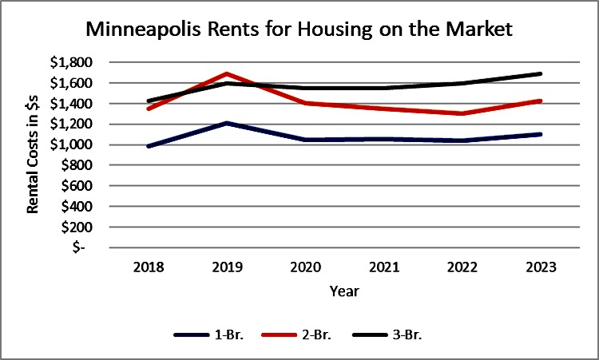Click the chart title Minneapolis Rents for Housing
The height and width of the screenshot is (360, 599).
point(299,31)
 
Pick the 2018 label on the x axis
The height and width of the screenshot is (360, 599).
point(149,266)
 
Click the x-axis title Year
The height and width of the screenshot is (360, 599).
point(344,291)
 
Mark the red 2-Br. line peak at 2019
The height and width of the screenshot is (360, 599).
point(228,73)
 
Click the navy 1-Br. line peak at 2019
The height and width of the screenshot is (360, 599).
point(228,123)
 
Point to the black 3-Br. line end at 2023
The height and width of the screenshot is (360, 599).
point(541,73)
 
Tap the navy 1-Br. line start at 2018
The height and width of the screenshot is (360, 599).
point(149,146)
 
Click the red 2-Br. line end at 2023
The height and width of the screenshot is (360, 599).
point(541,101)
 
